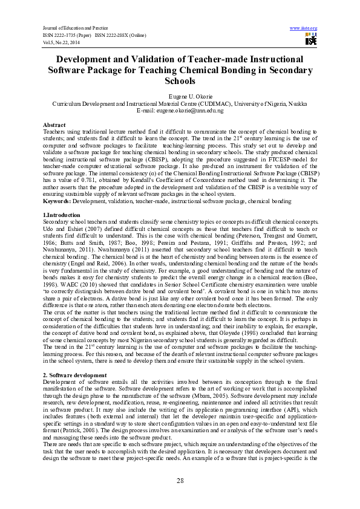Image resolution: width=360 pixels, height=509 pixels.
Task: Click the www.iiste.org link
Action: tap(304, 28)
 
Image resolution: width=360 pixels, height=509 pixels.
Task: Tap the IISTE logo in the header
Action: tap(311, 40)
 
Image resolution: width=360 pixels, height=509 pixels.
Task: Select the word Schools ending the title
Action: tap(180, 80)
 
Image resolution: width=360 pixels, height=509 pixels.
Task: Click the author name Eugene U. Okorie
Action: tap(180, 96)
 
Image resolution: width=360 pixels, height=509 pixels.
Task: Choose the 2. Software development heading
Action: tap(75, 375)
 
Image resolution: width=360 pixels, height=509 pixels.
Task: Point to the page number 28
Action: tap(180, 480)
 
